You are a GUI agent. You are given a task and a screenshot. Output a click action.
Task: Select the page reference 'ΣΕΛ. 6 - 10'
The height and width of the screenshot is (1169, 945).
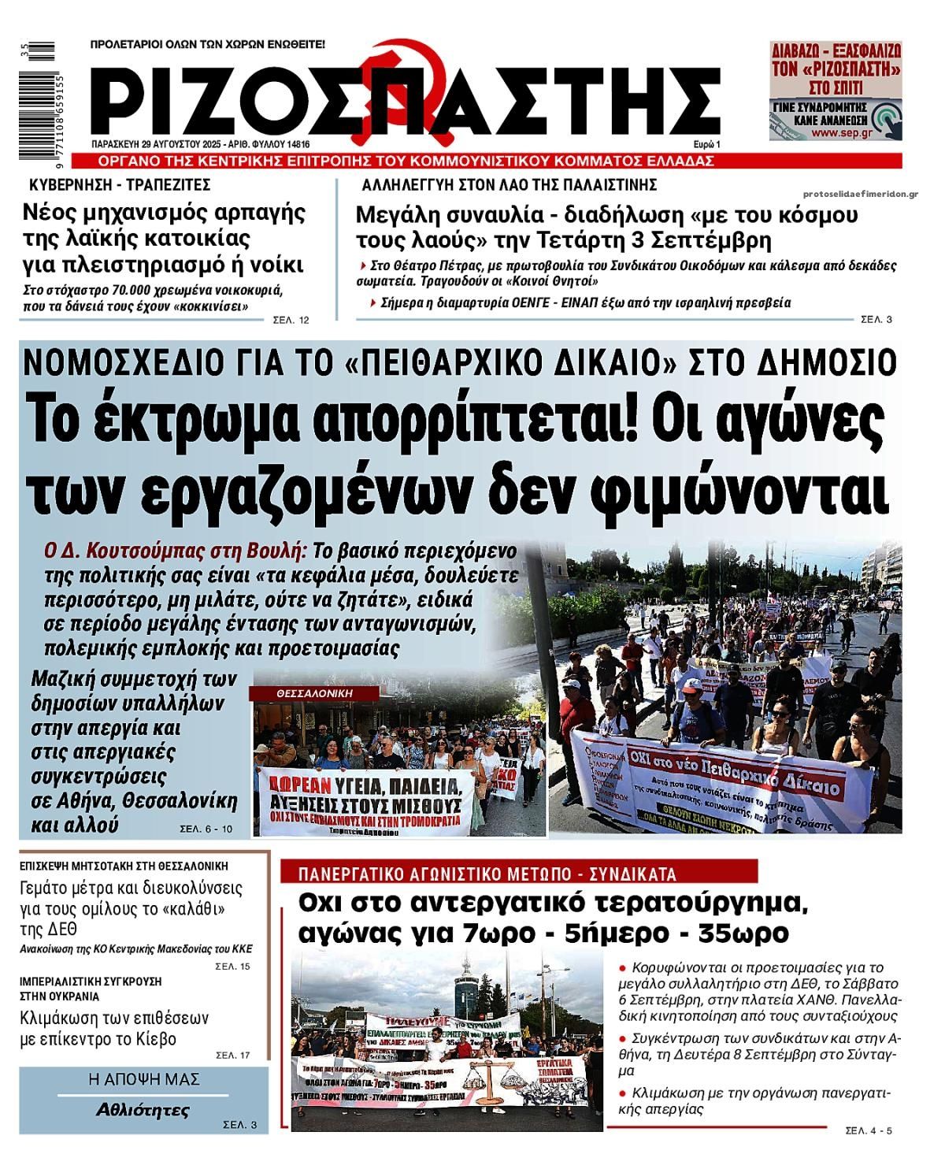[206, 828]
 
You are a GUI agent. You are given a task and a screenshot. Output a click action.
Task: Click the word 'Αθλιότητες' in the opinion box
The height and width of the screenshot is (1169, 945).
[143, 1111]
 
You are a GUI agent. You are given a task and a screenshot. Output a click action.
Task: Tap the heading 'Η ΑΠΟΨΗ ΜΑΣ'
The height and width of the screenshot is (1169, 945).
[143, 1079]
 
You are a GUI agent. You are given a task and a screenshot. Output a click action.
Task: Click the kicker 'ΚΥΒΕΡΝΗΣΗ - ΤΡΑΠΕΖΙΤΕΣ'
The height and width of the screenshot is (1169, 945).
[120, 185]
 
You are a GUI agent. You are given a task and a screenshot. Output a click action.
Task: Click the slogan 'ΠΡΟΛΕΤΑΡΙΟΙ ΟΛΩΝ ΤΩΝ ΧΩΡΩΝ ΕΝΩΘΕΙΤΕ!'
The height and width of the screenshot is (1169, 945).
[208, 44]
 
